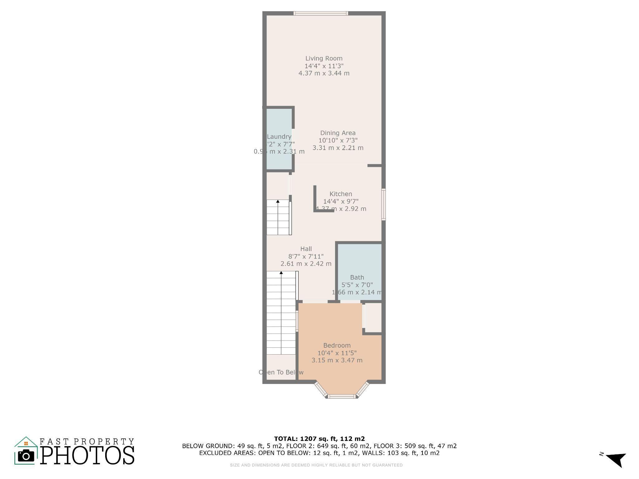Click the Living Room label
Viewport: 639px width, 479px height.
pos(324,58)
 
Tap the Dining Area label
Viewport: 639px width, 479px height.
pos(338,133)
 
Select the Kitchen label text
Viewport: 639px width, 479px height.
pos(341,194)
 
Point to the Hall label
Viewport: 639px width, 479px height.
pos(306,249)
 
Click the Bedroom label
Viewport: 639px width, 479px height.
pos(337,346)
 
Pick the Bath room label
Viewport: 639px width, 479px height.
pos(357,277)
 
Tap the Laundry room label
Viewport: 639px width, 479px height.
pos(279,137)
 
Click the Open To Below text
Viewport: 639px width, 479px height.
pos(281,372)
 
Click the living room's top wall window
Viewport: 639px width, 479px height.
pos(321,13)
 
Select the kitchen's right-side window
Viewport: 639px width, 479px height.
pos(383,204)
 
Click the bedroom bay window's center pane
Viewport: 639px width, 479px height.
pos(342,396)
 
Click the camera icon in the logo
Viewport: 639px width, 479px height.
pos(26,456)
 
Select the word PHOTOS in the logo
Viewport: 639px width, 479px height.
pos(87,455)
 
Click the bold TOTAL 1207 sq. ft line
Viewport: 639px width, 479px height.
pos(319,439)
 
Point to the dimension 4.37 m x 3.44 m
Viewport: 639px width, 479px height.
pos(324,73)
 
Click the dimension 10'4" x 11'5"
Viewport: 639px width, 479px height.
pos(337,353)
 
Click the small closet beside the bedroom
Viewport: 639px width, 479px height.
pos(373,317)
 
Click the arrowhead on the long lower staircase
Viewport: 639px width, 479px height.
pos(281,273)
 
